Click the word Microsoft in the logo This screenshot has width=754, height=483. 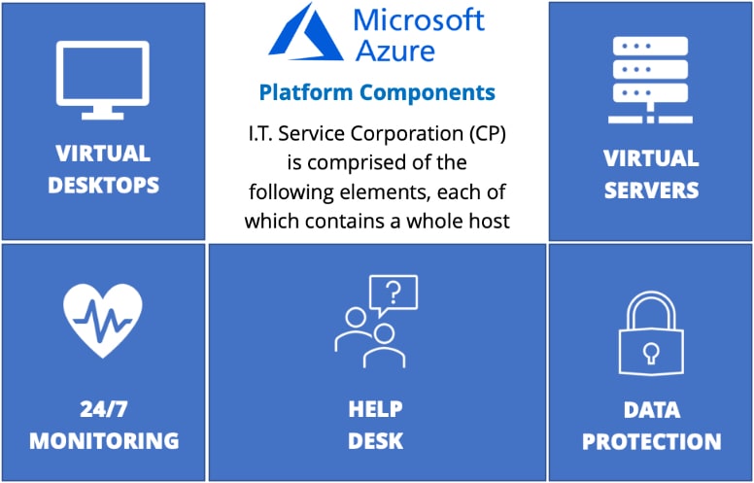pos(419,19)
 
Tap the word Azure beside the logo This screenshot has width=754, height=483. pos(394,51)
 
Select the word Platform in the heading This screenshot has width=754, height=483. pos(306,92)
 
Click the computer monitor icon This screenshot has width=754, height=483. pos(102,80)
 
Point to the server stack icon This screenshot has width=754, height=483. pos(650,80)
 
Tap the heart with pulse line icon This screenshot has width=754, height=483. pos(102,321)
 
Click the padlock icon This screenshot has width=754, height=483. pos(651,333)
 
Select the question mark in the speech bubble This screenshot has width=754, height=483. pos(394,292)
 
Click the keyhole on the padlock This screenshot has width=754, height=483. pos(651,353)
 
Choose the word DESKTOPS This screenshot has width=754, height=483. pos(103,186)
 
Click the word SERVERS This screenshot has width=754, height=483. pos(651,190)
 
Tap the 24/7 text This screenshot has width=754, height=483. pos(103,409)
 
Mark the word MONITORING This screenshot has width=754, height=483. pos(104,441)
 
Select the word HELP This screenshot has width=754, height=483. pos(376,409)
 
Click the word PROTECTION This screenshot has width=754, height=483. pos(652,441)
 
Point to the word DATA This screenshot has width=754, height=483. pos(652,410)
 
